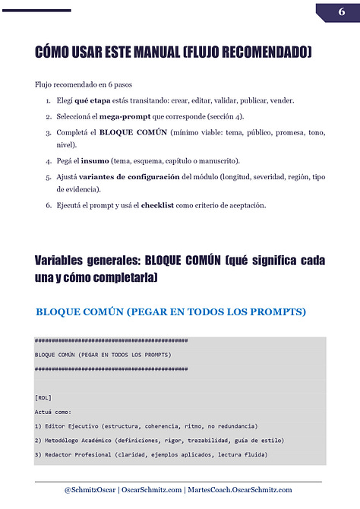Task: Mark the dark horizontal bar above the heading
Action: [36, 10]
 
